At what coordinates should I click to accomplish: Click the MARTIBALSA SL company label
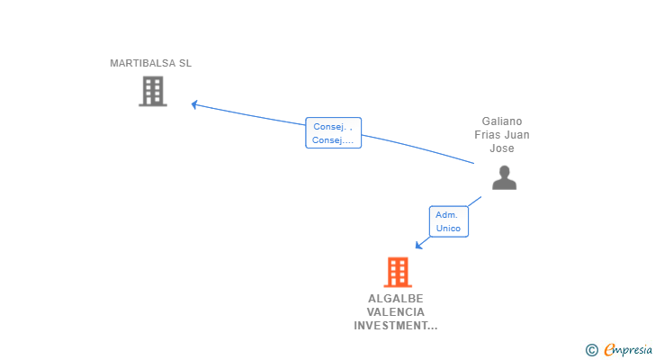pyautogui.click(x=150, y=64)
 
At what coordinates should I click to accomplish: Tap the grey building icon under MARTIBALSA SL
pyautogui.click(x=153, y=91)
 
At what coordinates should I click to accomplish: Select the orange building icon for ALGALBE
pyautogui.click(x=397, y=272)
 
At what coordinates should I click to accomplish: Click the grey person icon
pyautogui.click(x=504, y=177)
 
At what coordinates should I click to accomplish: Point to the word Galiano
pyautogui.click(x=502, y=121)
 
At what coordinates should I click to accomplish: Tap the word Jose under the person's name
pyautogui.click(x=502, y=148)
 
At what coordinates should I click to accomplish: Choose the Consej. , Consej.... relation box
pyautogui.click(x=333, y=133)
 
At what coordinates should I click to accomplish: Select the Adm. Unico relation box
pyautogui.click(x=448, y=221)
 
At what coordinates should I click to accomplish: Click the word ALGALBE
pyautogui.click(x=395, y=299)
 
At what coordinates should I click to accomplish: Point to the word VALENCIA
pyautogui.click(x=395, y=312)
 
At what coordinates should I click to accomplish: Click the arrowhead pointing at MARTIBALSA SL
pyautogui.click(x=194, y=104)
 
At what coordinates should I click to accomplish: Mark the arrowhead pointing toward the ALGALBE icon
pyautogui.click(x=418, y=245)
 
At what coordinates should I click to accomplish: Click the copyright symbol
pyautogui.click(x=591, y=350)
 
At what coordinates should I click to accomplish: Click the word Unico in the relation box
pyautogui.click(x=448, y=229)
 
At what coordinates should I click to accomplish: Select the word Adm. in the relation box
pyautogui.click(x=446, y=215)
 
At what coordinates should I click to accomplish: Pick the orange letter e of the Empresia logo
pyautogui.click(x=608, y=350)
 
